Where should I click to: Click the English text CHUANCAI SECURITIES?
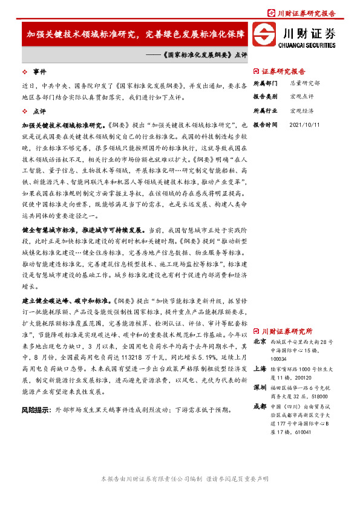click(x=308, y=44)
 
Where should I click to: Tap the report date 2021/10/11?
click(x=305, y=125)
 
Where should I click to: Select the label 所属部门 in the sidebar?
click(x=265, y=83)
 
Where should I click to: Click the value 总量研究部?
click(x=304, y=83)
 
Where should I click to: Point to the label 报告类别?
click(x=265, y=97)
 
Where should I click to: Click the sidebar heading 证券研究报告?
click(x=284, y=71)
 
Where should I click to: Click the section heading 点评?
click(x=39, y=111)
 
